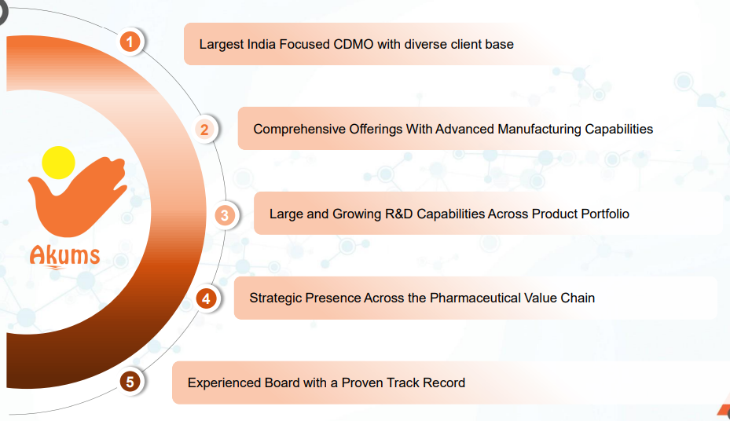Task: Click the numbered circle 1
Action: click(130, 42)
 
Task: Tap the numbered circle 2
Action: click(204, 130)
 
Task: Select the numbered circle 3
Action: click(225, 215)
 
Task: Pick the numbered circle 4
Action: click(206, 298)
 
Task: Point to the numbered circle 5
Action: click(130, 382)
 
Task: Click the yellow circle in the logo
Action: click(58, 163)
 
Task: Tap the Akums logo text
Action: click(64, 256)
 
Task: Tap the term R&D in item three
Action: click(399, 214)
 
